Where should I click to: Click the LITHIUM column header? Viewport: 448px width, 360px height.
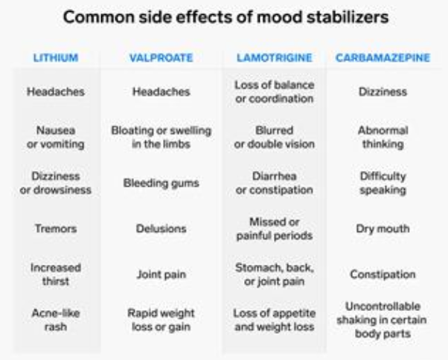pos(54,57)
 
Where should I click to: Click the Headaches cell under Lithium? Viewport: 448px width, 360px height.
pos(54,92)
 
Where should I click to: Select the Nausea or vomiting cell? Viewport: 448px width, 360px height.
pos(54,138)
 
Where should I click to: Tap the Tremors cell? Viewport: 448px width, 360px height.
pos(54,229)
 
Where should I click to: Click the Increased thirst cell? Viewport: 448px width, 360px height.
pos(54,274)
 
